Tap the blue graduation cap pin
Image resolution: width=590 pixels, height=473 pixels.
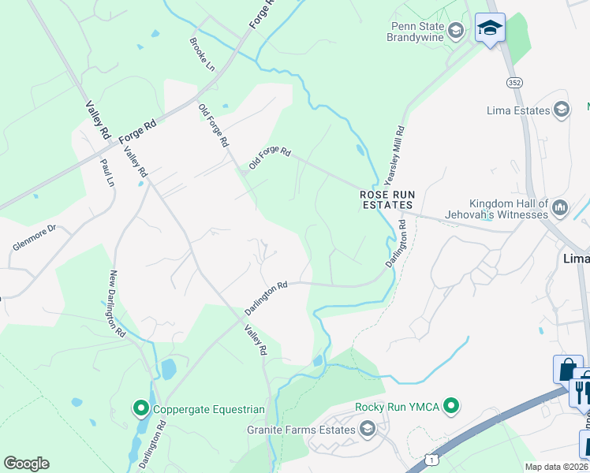[x=490, y=28]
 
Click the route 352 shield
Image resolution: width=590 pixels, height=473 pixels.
[x=514, y=82]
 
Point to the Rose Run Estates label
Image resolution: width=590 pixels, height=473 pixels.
[x=386, y=199]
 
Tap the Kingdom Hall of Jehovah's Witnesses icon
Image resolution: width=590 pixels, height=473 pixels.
[x=561, y=208]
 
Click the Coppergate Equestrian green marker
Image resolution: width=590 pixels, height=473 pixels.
[x=141, y=408]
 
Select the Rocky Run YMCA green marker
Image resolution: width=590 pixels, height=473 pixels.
[x=451, y=407]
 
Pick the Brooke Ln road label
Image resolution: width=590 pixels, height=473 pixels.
[x=202, y=54]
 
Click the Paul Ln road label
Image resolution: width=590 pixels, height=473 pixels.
[x=107, y=172]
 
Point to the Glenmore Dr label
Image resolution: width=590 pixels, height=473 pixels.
[x=35, y=238]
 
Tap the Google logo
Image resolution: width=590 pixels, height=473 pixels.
[x=26, y=464]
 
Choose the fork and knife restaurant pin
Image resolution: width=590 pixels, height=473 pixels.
[x=581, y=389]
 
